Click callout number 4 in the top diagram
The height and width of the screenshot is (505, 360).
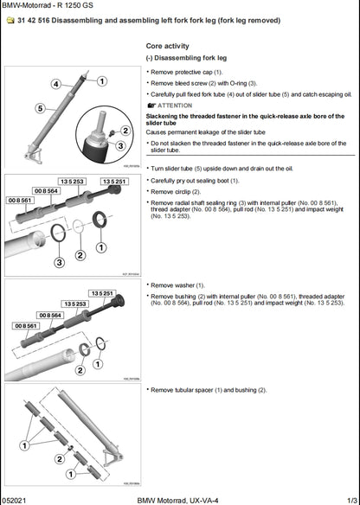(55, 84)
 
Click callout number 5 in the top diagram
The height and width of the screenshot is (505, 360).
(40, 109)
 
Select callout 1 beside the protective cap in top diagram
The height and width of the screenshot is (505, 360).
(103, 81)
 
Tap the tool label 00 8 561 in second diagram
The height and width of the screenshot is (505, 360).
(21, 200)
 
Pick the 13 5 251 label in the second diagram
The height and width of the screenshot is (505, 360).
(114, 182)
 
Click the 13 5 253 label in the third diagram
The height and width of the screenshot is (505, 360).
(74, 304)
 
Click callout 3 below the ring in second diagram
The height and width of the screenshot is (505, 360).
(59, 261)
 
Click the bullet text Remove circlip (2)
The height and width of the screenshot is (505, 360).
(176, 191)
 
